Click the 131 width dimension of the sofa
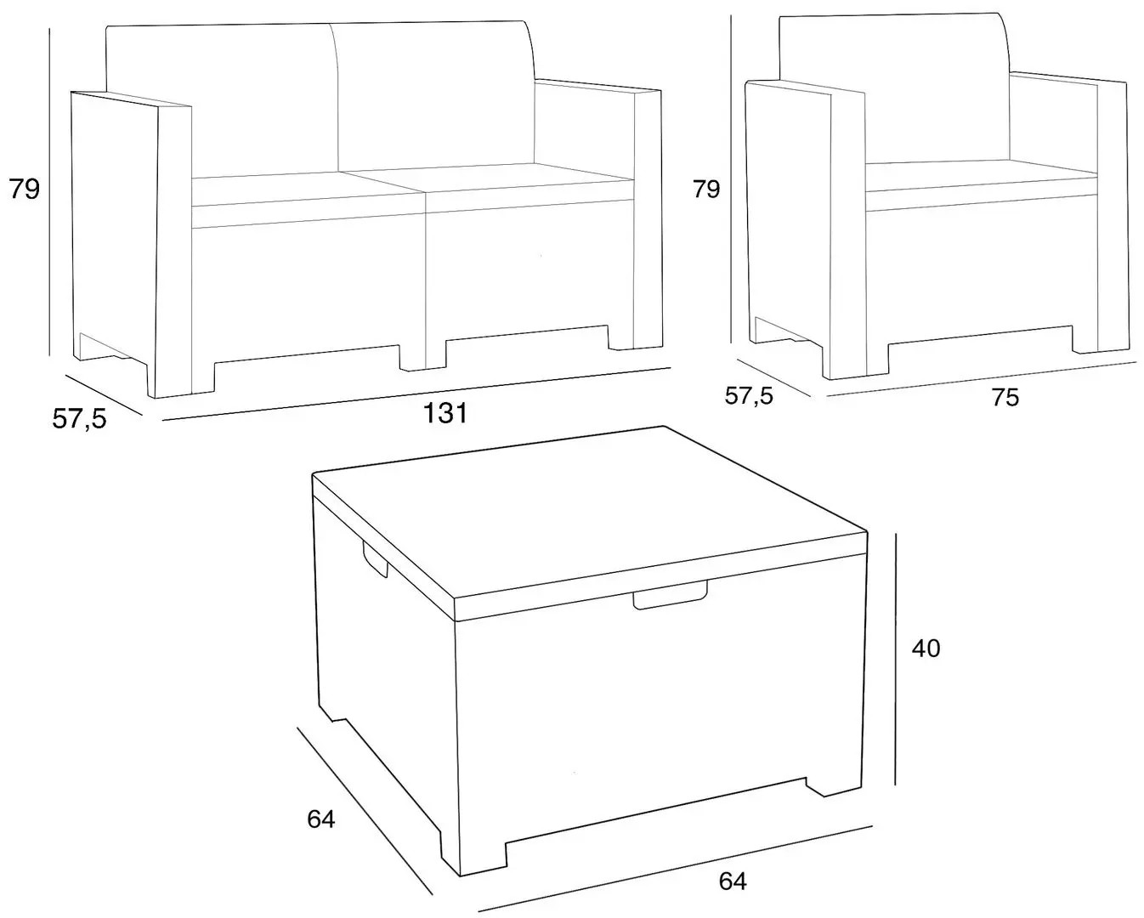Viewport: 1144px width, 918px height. coord(445,413)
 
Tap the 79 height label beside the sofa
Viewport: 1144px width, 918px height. coord(25,190)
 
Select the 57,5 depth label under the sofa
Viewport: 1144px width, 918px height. coord(79,419)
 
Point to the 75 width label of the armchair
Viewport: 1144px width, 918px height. coord(1005,398)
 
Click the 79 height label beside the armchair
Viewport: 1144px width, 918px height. coord(706,190)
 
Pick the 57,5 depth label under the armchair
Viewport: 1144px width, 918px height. coord(749,396)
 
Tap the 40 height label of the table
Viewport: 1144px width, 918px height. coord(926,648)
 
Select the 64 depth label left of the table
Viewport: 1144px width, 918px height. coord(321,819)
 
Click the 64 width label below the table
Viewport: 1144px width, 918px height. coord(733,881)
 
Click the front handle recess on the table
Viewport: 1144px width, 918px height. coord(670,597)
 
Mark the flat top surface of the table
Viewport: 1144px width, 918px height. coord(589,510)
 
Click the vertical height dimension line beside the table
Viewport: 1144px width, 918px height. coord(897,659)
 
